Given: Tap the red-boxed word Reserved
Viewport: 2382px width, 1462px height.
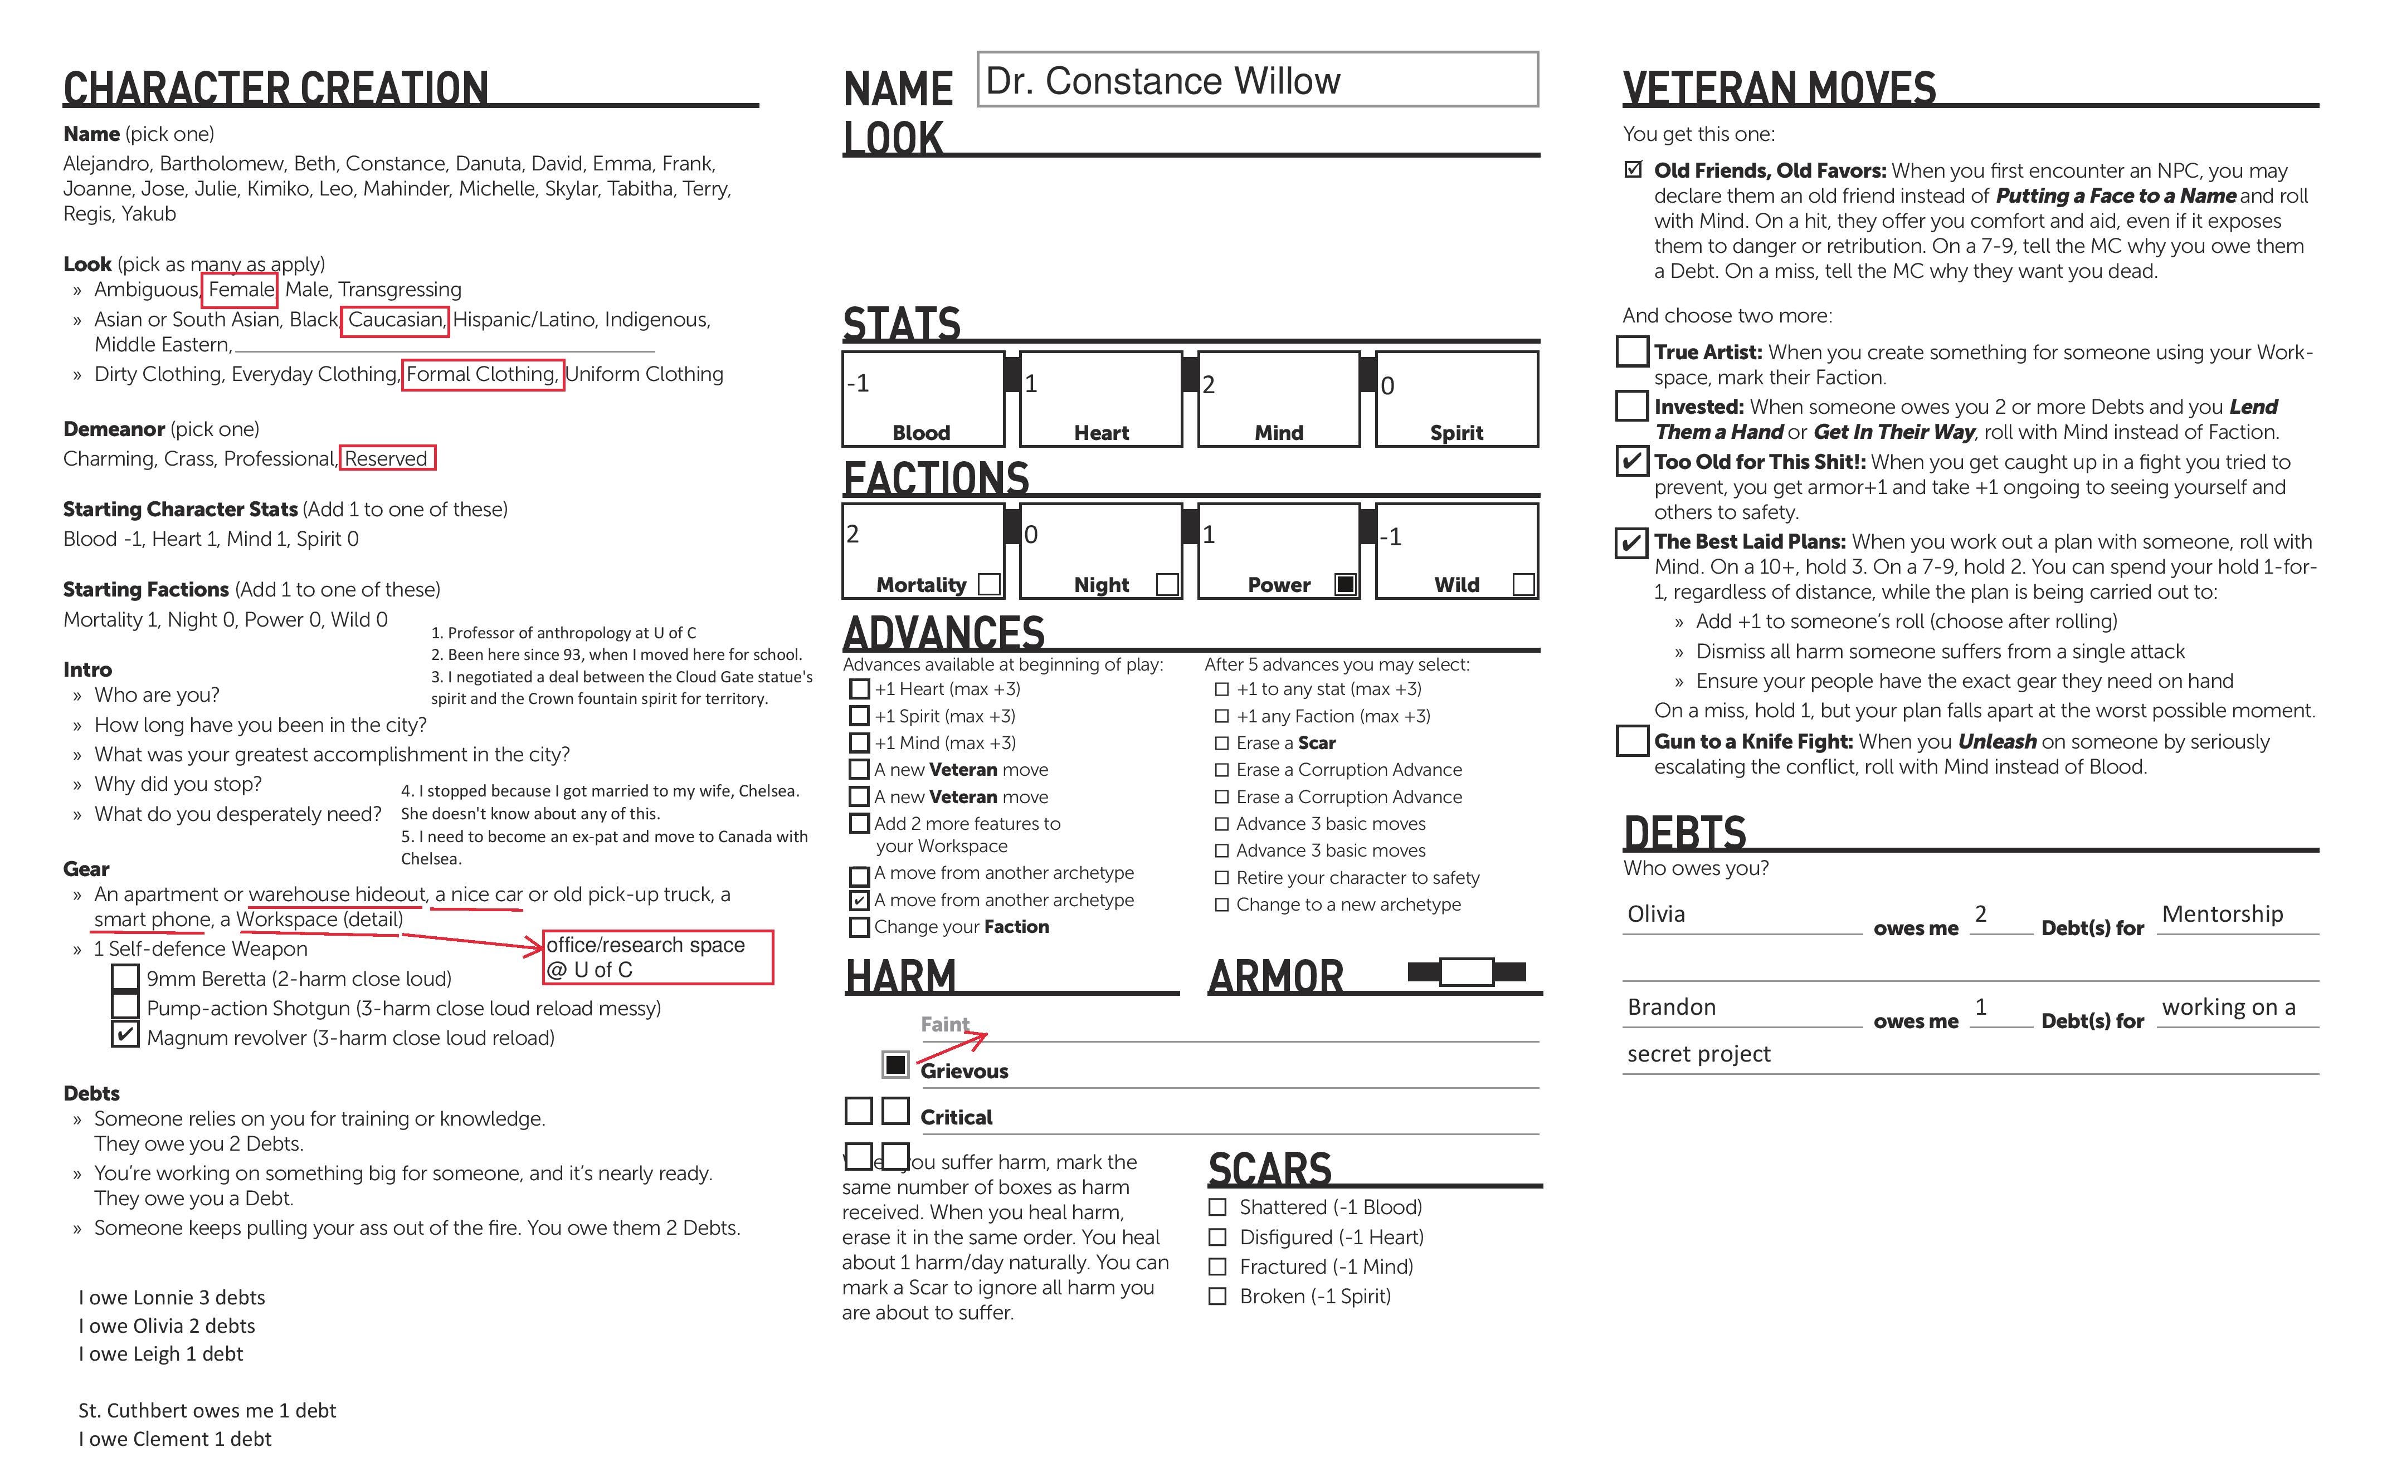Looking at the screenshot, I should tap(386, 458).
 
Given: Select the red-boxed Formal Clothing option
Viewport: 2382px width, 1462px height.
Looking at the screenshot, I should tap(481, 374).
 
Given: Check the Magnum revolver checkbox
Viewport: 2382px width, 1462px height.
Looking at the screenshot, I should tap(125, 1035).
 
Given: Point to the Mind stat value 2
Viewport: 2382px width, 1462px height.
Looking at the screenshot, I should tap(1209, 385).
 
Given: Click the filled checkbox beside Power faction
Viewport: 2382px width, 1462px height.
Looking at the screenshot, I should tap(1345, 584).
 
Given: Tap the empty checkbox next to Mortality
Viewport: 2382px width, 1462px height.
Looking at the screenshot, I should tap(988, 584).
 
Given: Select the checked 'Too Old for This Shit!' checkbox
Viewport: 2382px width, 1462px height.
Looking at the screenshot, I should tap(1631, 460).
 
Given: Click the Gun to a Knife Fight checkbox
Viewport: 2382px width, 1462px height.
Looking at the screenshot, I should tap(1631, 741).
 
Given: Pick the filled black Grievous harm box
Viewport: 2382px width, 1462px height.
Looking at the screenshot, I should tap(895, 1064).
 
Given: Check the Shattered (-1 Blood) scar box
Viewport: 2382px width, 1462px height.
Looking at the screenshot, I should tap(1217, 1207).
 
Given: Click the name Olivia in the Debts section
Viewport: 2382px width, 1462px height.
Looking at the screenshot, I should tap(1655, 914).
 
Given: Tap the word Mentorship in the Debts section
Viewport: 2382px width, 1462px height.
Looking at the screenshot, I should tap(2222, 914).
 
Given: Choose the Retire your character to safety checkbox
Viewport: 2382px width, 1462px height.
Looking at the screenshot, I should tap(1221, 878).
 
